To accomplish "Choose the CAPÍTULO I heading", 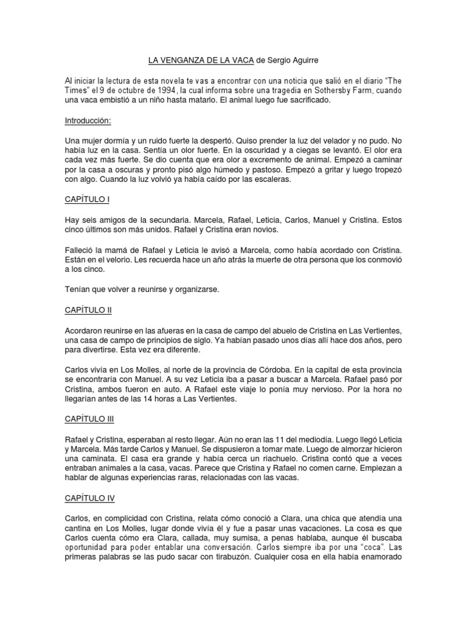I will tap(87, 200).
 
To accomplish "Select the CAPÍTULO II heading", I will tap(88, 310).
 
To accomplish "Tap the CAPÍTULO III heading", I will tap(89, 419).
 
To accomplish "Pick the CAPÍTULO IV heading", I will tap(89, 498).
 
